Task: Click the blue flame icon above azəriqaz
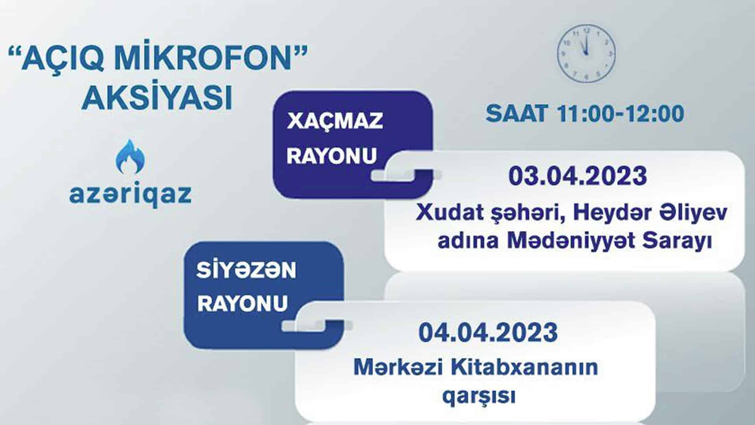(130, 157)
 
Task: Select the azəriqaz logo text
(130, 194)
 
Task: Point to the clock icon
(586, 54)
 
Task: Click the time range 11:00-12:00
(620, 113)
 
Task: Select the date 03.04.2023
(578, 176)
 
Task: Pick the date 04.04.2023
(488, 332)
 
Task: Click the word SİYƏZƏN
(246, 270)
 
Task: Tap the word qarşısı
(479, 396)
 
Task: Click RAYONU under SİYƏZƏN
(242, 303)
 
